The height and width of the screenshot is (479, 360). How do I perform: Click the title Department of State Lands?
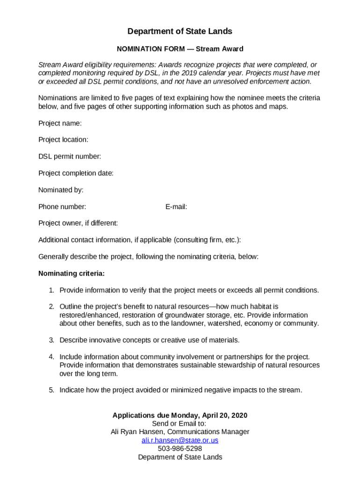point(180,31)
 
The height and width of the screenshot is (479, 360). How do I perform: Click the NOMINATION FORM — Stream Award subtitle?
point(180,49)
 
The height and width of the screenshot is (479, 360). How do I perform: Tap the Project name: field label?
point(60,123)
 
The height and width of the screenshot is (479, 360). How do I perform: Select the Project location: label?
point(63,140)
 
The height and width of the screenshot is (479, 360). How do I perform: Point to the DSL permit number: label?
point(70,156)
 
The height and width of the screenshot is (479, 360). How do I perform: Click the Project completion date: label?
point(76,173)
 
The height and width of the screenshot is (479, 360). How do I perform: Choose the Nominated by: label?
point(61,190)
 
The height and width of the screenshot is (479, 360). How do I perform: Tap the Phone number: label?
point(62,206)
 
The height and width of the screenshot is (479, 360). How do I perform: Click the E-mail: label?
point(176,206)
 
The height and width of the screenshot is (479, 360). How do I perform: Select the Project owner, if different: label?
point(78,223)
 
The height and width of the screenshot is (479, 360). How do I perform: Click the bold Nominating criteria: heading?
point(72,273)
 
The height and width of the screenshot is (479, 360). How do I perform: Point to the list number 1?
point(51,290)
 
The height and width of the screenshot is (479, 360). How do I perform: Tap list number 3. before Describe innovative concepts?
point(51,340)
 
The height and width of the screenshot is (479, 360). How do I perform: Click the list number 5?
point(51,390)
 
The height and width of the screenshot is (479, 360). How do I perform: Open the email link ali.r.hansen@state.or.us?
point(180,440)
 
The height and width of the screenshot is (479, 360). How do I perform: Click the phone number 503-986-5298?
point(180,449)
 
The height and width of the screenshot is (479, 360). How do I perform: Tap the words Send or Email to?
point(180,423)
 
